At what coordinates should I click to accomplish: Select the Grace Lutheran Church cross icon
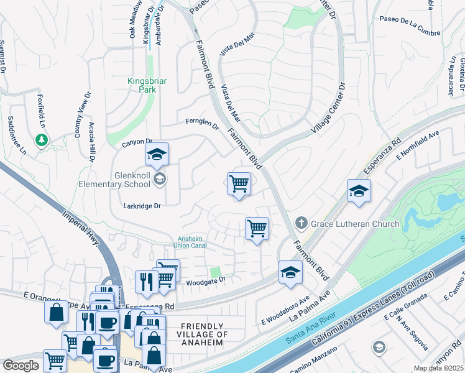301,223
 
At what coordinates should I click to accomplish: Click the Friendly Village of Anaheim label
201,334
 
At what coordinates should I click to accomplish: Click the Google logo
21,366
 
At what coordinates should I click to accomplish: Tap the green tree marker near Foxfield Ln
42,140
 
